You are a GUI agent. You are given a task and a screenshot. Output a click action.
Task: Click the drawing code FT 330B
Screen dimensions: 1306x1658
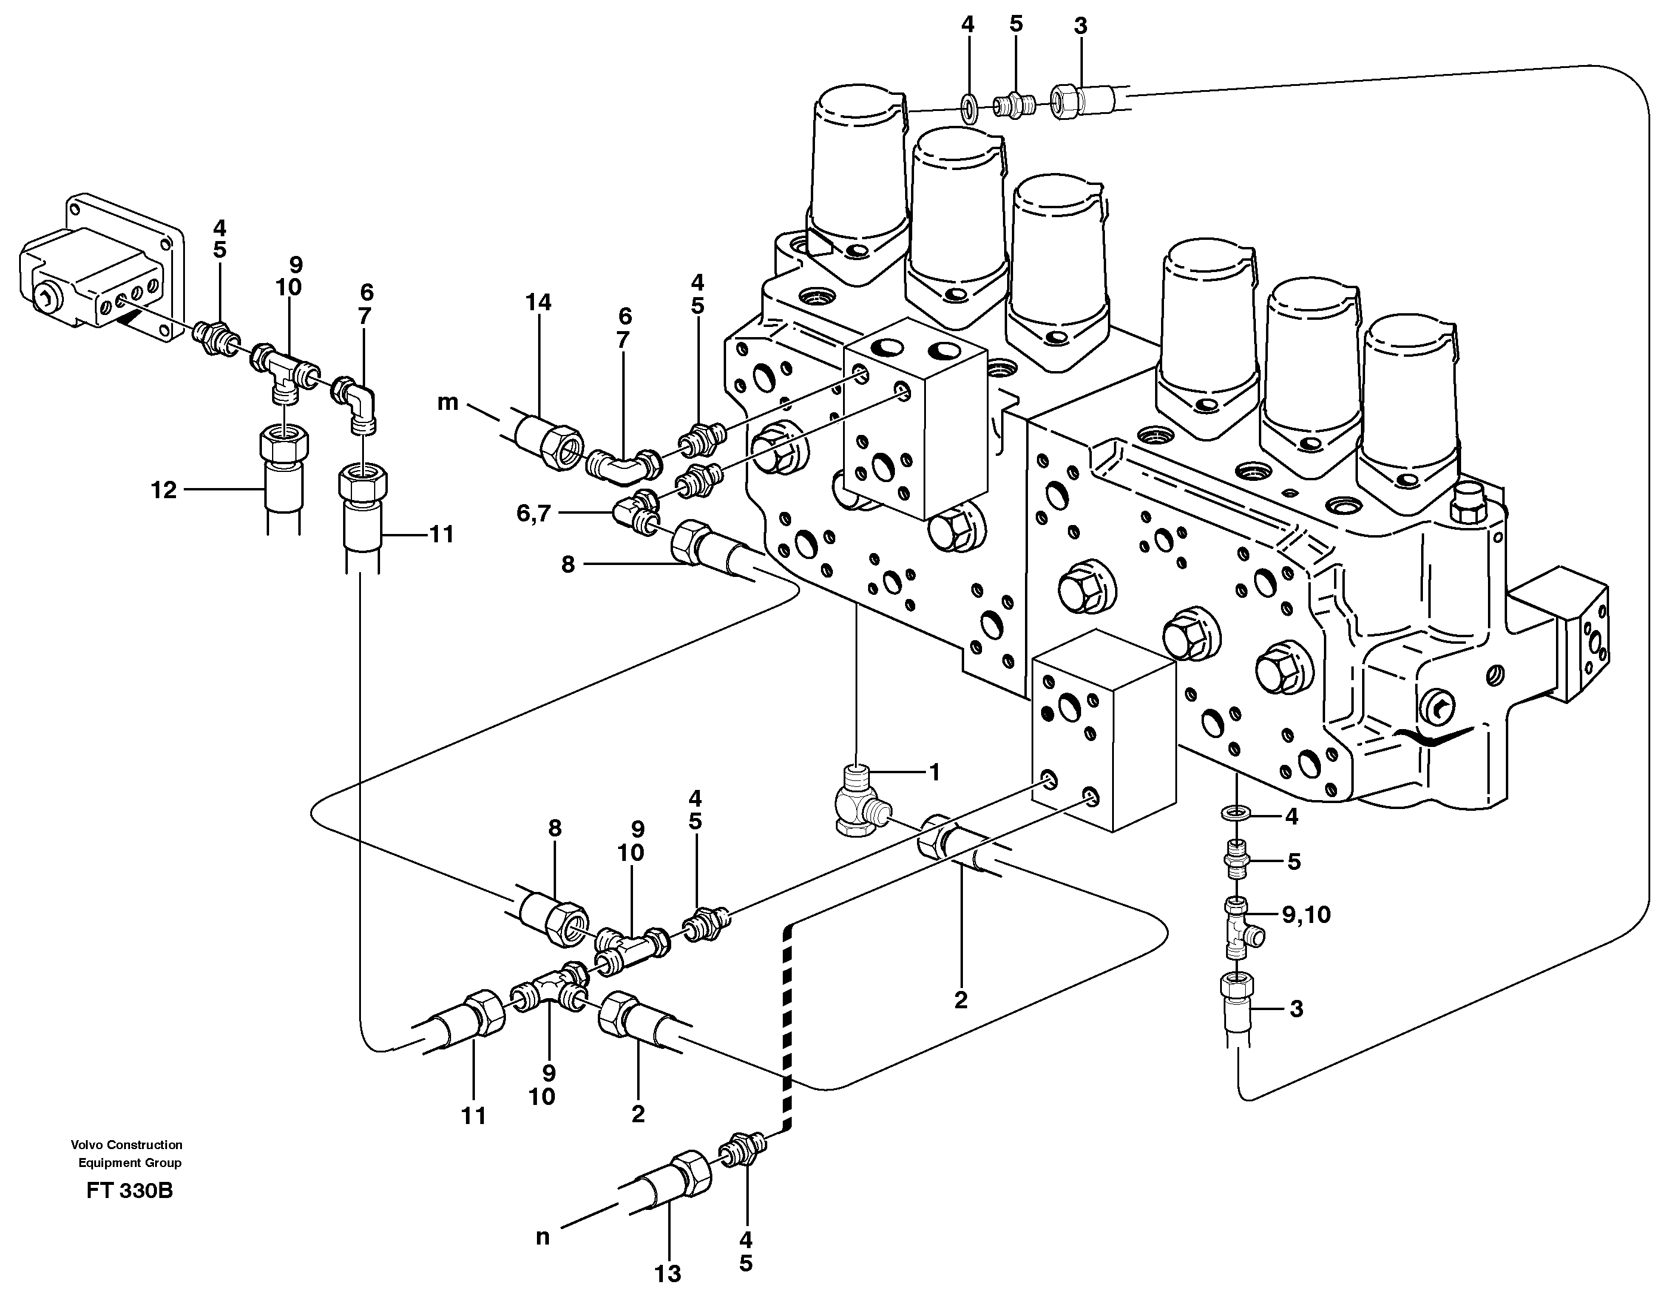(x=130, y=1191)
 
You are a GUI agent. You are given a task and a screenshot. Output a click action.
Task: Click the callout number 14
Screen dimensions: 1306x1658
(x=538, y=303)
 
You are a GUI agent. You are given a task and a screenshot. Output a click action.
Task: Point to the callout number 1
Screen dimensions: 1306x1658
(x=933, y=772)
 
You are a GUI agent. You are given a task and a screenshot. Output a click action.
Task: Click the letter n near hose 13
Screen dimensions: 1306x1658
(x=542, y=1237)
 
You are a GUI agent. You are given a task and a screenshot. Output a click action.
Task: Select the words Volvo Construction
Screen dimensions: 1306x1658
(x=126, y=1145)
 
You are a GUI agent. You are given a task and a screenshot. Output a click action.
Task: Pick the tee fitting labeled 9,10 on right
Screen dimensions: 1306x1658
(x=1239, y=928)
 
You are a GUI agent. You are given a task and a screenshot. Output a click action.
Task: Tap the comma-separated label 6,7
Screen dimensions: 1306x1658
(x=533, y=514)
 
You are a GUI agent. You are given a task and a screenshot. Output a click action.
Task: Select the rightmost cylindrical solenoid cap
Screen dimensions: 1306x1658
(x=1411, y=397)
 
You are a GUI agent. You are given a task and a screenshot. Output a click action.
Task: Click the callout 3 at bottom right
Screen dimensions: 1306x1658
(x=1295, y=1009)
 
